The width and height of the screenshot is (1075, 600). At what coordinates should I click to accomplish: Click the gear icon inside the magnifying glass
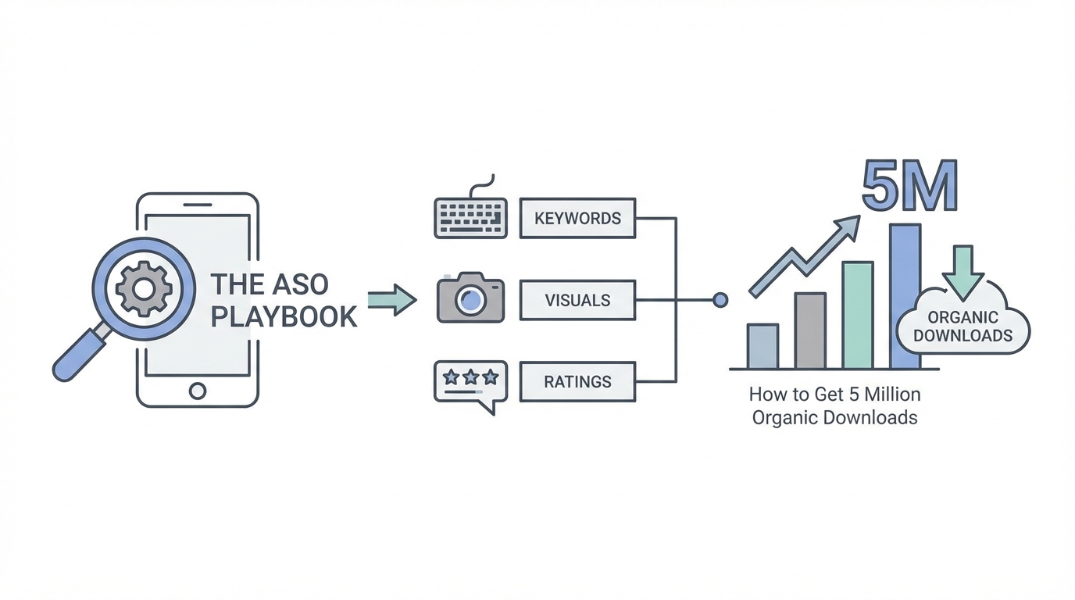[143, 289]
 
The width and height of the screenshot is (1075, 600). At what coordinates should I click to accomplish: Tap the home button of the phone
[198, 390]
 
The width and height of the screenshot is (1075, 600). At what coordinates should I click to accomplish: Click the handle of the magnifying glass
[79, 358]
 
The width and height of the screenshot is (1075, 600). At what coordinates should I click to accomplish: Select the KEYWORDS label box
[577, 218]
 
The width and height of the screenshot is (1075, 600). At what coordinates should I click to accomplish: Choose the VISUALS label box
[577, 300]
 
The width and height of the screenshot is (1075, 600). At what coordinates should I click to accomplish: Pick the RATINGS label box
[577, 382]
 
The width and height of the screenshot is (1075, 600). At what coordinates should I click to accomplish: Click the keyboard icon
[470, 217]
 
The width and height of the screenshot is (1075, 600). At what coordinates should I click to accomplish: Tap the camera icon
[470, 299]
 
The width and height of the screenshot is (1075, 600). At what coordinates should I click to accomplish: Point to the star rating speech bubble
[470, 382]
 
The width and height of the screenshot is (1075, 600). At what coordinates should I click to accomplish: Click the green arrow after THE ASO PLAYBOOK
[391, 300]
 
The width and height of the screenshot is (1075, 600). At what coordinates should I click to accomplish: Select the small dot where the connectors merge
[720, 300]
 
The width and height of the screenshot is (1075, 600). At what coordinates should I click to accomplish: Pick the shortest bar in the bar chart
[762, 346]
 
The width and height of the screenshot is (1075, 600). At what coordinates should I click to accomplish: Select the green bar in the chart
[857, 315]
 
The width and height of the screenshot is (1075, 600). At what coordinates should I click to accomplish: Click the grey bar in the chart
[809, 330]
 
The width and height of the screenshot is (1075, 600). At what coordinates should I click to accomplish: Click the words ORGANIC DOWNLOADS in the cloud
[962, 327]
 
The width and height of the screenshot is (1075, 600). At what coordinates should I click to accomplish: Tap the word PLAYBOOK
[284, 316]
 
